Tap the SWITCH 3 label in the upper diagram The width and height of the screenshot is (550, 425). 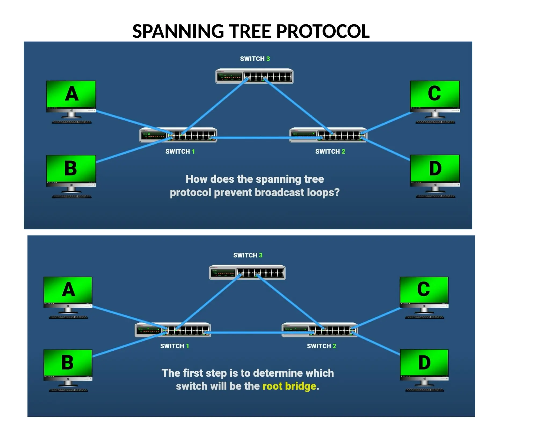coord(255,59)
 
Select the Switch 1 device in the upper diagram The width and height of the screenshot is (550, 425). coord(178,135)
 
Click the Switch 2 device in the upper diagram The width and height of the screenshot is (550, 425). coord(328,135)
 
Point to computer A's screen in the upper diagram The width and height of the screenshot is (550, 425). coord(71,94)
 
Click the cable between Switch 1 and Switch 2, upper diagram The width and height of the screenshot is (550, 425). coord(252,138)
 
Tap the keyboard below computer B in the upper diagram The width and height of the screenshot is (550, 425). coord(71,197)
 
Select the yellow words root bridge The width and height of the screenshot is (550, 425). coord(289,386)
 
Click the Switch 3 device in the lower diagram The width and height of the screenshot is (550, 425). coord(247,272)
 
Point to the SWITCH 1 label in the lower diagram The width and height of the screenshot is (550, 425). coord(175,346)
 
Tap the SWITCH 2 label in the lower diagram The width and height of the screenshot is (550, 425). coord(321,346)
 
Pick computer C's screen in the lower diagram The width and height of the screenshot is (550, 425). coord(424,290)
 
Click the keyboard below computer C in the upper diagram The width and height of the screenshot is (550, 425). coord(435,122)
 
